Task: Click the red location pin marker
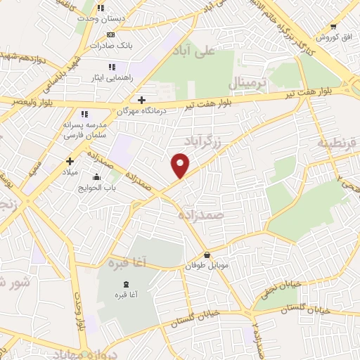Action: pyautogui.click(x=181, y=165)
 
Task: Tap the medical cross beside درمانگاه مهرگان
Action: pyautogui.click(x=142, y=100)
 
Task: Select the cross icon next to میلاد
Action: pyautogui.click(x=70, y=161)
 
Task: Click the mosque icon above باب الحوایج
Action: pyautogui.click(x=96, y=176)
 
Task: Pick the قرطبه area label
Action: pyautogui.click(x=339, y=144)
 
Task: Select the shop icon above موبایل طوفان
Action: pyautogui.click(x=207, y=255)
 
